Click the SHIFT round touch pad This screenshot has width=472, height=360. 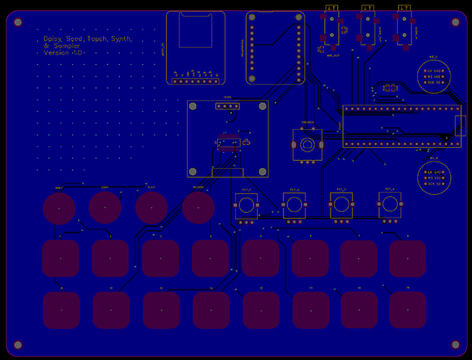pyautogui.click(x=59, y=208)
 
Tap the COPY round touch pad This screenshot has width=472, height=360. pyautogui.click(x=105, y=208)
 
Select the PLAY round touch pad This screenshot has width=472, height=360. pyautogui.click(x=152, y=208)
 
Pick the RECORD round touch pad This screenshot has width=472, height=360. pyautogui.click(x=198, y=208)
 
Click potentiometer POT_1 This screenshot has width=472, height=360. pyautogui.click(x=246, y=206)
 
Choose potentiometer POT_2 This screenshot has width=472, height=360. pyautogui.click(x=294, y=206)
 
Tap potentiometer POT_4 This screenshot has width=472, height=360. pyautogui.click(x=390, y=206)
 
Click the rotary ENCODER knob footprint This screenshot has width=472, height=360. pyautogui.click(x=307, y=145)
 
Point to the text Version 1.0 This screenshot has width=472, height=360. pyautogui.click(x=64, y=53)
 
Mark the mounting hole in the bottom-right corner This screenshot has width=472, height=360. pyautogui.click(x=455, y=345)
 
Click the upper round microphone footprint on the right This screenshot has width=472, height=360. pyautogui.click(x=434, y=76)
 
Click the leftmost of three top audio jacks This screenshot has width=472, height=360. pyautogui.click(x=332, y=29)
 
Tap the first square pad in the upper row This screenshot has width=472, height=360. pyautogui.click(x=60, y=258)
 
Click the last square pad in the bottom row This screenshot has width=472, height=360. pyautogui.click(x=408, y=310)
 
